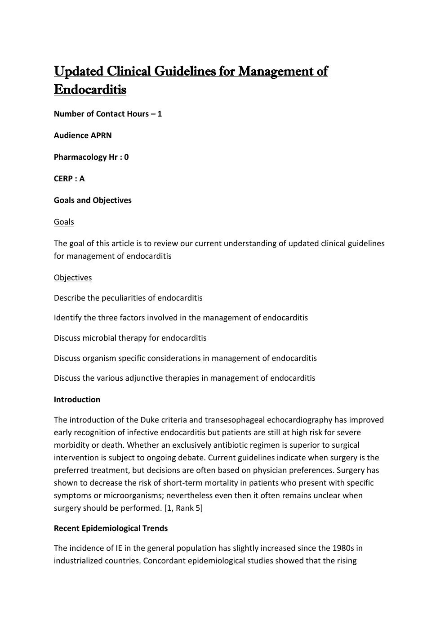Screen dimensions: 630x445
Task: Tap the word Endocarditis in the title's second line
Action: point(90,90)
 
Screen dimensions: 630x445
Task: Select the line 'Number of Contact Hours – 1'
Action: point(108,114)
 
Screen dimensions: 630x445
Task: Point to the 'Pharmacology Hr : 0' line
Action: point(91,157)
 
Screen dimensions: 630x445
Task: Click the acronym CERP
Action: point(63,179)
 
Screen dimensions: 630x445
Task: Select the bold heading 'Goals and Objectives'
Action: point(93,200)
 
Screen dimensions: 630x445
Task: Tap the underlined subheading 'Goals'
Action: point(64,222)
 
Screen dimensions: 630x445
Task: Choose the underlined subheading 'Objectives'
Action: point(73,278)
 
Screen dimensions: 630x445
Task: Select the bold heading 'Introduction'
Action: point(77,400)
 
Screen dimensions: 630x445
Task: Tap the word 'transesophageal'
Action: point(235,420)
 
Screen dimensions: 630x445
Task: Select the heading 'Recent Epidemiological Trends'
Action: point(111,528)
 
